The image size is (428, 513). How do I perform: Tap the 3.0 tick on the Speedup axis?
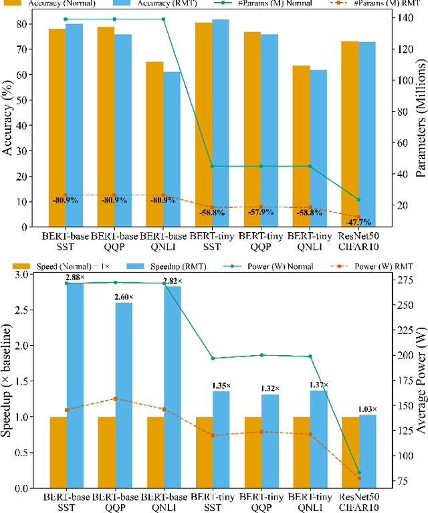[x=39, y=274]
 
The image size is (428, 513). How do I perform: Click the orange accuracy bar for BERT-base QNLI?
[x=154, y=144]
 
